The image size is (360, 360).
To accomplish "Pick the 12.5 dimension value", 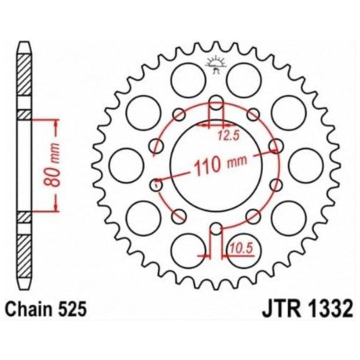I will (225, 133).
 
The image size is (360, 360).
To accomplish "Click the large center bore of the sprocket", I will (215, 165).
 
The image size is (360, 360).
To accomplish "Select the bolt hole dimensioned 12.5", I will (215, 103).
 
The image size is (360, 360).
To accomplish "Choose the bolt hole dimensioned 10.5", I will (215, 229).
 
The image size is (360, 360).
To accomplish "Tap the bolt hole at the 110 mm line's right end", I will (274, 146).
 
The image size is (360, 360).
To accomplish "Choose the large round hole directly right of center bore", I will (306, 165).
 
